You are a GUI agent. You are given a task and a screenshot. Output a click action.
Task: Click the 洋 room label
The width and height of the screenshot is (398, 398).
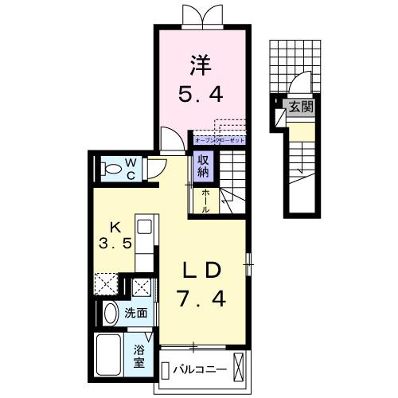[x=198, y=61]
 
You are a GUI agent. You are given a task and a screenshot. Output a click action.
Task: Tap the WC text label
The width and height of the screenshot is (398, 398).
[x=132, y=169]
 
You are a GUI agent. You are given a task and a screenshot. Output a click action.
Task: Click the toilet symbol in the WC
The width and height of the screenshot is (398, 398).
[x=110, y=169]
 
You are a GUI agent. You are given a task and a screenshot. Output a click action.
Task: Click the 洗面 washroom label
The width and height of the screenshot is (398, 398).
[x=136, y=314]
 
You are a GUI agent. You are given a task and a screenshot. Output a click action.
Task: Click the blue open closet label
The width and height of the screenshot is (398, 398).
[x=219, y=139]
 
